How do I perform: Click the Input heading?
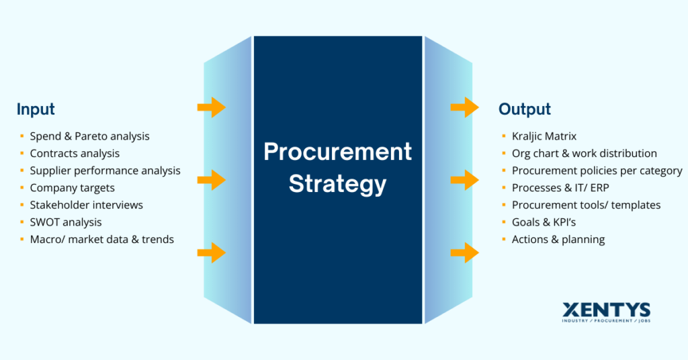(36, 109)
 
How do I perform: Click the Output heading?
(524, 109)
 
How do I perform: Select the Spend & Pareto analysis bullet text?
(89, 136)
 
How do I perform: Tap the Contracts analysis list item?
(75, 154)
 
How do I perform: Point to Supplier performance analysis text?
(105, 171)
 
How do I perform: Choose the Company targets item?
(72, 188)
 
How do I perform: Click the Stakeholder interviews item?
(86, 205)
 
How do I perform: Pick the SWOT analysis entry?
(66, 222)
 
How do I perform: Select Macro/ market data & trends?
(101, 239)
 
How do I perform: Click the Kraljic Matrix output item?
(544, 136)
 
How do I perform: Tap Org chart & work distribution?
(584, 154)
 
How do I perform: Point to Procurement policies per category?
(597, 171)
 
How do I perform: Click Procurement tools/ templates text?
(586, 205)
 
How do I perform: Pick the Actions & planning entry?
(558, 239)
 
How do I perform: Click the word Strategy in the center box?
(337, 183)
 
